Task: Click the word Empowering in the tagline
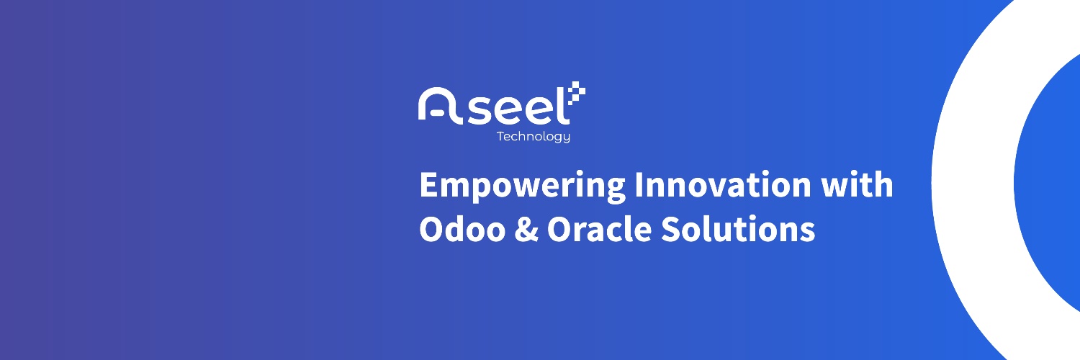click(x=523, y=186)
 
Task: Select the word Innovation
click(x=723, y=184)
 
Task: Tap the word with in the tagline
click(x=858, y=184)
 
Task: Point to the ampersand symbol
click(x=526, y=230)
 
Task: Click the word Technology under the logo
click(x=534, y=137)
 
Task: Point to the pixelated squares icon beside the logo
click(x=576, y=93)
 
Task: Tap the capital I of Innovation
click(x=638, y=184)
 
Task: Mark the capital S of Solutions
click(x=670, y=229)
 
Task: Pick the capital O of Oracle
click(x=559, y=229)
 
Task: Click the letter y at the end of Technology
click(x=565, y=138)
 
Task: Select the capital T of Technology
click(x=501, y=136)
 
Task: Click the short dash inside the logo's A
click(x=437, y=114)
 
